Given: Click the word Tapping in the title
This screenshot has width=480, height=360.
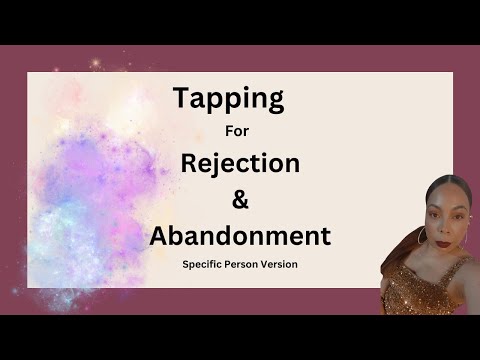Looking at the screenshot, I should pos(229,99).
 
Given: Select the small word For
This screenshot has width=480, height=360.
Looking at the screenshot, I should pos(240,131).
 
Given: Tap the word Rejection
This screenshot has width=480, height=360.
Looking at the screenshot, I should pos(240,162).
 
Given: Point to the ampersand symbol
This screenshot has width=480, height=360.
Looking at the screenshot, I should pos(239,199).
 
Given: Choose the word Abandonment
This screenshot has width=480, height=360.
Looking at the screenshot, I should pos(239,236).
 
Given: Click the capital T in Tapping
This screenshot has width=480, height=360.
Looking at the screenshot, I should pos(182,98).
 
